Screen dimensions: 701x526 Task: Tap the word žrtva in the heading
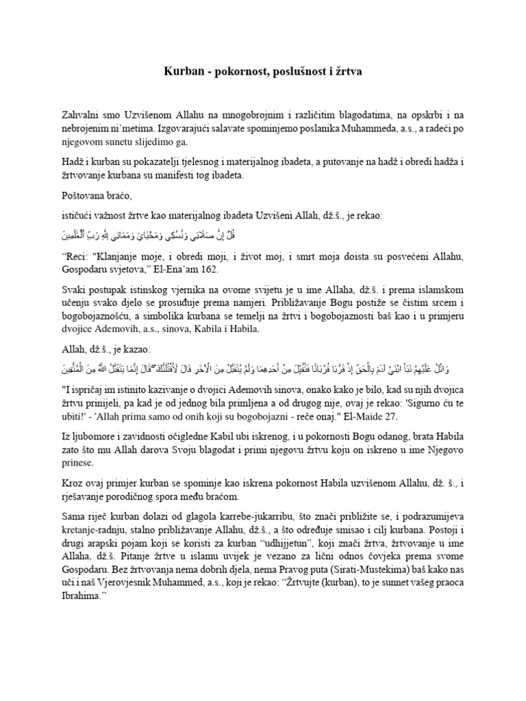click(x=349, y=71)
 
